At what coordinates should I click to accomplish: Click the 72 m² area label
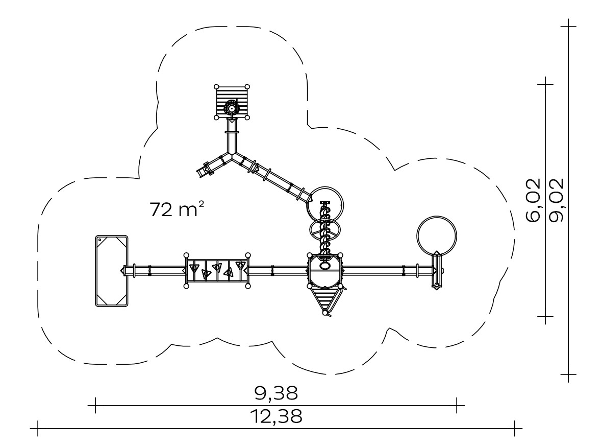point(177,209)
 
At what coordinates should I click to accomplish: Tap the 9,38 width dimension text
point(276,393)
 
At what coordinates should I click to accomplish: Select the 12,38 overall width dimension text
point(276,416)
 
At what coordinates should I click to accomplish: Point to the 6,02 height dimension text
point(533,200)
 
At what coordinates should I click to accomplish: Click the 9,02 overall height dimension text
point(556,200)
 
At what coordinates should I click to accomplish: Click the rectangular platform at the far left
point(112,271)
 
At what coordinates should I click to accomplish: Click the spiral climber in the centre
point(325,230)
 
